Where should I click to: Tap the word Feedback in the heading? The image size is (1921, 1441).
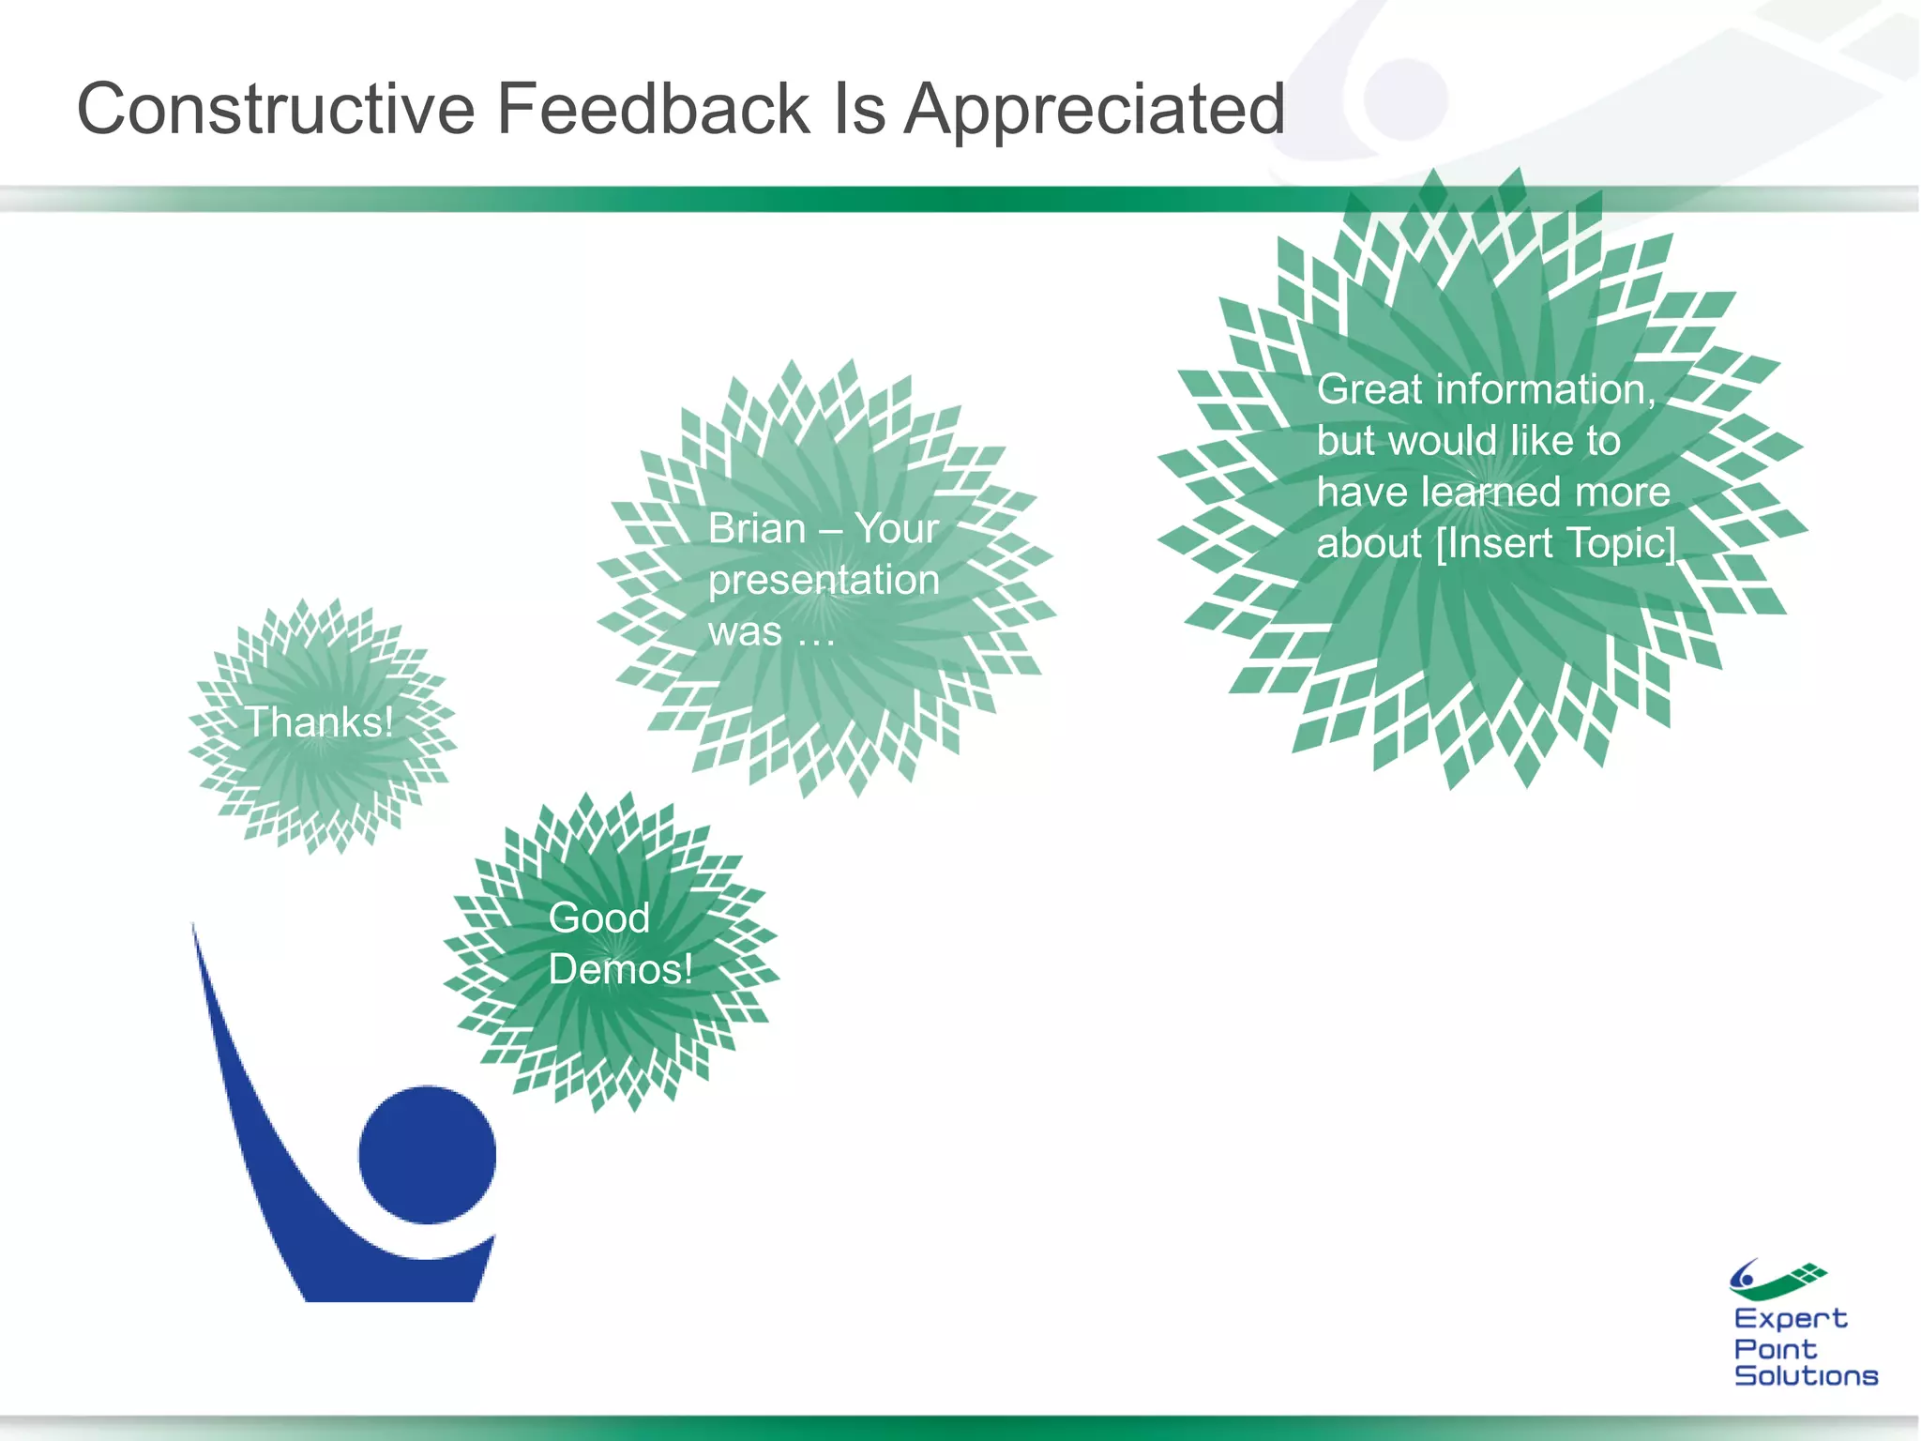pyautogui.click(x=652, y=110)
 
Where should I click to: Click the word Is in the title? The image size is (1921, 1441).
pyautogui.click(x=856, y=110)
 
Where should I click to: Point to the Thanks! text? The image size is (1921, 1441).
pyautogui.click(x=319, y=722)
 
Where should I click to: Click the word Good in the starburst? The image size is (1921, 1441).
pyautogui.click(x=598, y=918)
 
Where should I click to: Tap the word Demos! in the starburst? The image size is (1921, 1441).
pyautogui.click(x=620, y=969)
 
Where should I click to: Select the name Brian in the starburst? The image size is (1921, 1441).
pyautogui.click(x=756, y=529)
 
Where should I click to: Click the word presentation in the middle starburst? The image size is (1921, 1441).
pyautogui.click(x=824, y=580)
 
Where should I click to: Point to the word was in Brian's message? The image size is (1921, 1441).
pyautogui.click(x=745, y=631)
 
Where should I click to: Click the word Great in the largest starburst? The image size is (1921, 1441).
pyautogui.click(x=1369, y=389)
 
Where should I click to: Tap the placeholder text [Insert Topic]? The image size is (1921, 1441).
pyautogui.click(x=1555, y=544)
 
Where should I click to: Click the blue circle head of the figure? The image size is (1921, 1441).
pyautogui.click(x=428, y=1155)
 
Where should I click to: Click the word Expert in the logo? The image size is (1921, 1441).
pyautogui.click(x=1790, y=1319)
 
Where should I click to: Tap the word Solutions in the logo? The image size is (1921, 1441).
pyautogui.click(x=1806, y=1376)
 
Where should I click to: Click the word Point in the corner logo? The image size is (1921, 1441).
pyautogui.click(x=1775, y=1349)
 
